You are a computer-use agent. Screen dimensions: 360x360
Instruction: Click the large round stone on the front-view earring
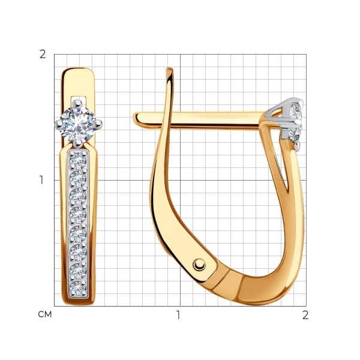pos(78,124)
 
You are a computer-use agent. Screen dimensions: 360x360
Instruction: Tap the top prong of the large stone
pos(77,103)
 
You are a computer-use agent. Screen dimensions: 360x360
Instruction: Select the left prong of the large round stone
pos(59,124)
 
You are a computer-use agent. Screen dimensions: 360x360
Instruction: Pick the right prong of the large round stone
pos(98,124)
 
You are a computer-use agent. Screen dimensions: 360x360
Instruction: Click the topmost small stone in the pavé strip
pos(78,160)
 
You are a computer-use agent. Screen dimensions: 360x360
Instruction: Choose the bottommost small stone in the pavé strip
pos(78,289)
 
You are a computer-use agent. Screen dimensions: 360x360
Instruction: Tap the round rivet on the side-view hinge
pos(199,265)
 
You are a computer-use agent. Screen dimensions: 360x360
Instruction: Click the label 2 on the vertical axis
pos(43,55)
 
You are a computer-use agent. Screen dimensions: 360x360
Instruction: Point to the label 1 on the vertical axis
pos(41,180)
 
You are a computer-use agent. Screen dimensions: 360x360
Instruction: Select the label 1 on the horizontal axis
pos(178,315)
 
